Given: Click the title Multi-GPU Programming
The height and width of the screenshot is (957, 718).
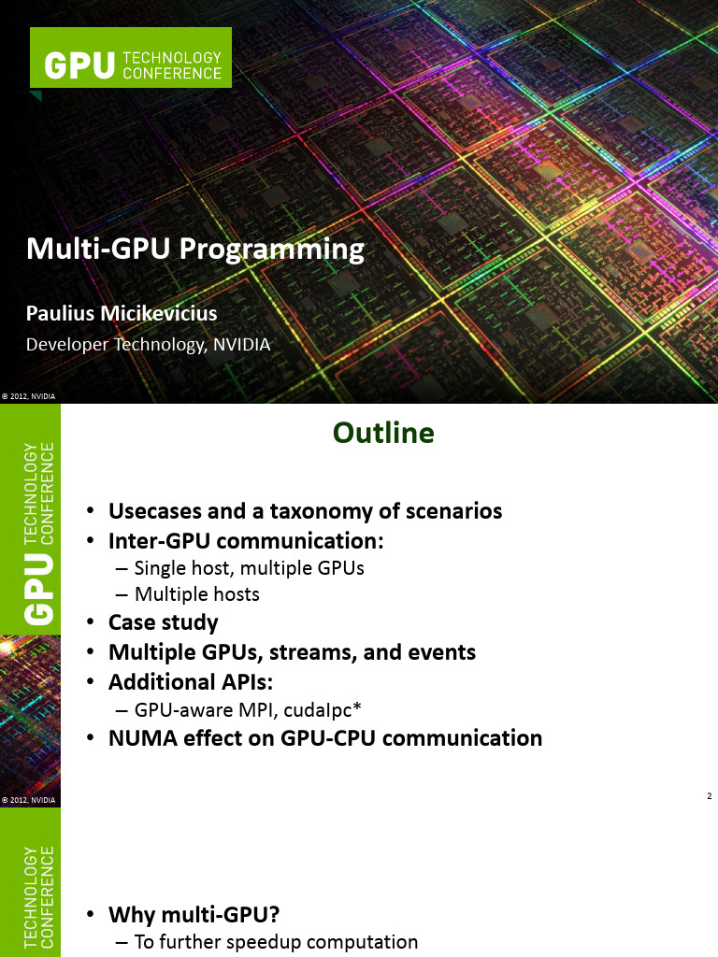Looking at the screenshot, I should tap(194, 250).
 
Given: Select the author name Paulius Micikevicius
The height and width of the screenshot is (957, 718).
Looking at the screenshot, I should tap(121, 311).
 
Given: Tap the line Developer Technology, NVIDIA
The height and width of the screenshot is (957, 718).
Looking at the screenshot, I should tap(148, 345).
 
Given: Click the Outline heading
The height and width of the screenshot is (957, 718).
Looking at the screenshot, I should tap(383, 433).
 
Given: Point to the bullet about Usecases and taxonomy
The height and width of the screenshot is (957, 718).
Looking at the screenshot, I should tap(305, 511).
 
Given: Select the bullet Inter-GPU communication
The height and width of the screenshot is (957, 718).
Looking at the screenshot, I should tap(247, 541).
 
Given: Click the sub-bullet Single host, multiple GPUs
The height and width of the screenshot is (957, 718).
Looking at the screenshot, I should tap(249, 567).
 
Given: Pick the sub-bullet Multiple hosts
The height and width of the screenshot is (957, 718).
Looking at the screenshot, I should tap(196, 594).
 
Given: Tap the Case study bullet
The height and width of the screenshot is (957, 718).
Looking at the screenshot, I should tap(163, 622).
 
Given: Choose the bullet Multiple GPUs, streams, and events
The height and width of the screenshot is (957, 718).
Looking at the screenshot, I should tap(292, 651).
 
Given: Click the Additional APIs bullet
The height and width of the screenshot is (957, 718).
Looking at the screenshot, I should tap(191, 681).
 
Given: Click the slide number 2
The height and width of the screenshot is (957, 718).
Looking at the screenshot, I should tap(710, 796).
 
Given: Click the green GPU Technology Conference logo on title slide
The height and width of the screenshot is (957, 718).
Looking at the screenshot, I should tap(131, 58).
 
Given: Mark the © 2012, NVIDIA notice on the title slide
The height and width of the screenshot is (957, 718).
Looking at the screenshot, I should tap(28, 396).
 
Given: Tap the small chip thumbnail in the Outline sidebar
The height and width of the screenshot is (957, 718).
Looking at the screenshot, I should tap(30, 710).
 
